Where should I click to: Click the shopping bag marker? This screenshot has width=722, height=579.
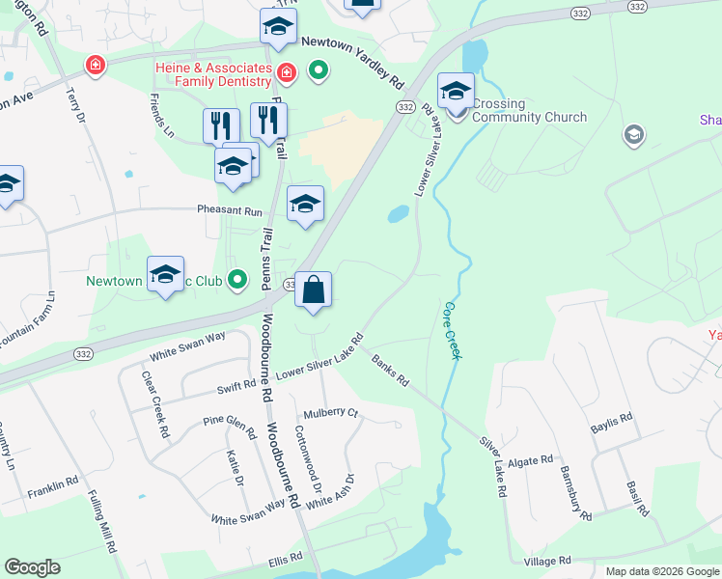[314, 291]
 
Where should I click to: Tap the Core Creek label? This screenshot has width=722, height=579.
[451, 331]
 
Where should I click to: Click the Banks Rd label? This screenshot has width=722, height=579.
[391, 369]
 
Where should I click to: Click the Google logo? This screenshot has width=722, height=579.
[32, 567]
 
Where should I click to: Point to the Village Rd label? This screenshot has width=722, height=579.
[548, 561]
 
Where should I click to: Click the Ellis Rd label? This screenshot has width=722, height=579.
[286, 558]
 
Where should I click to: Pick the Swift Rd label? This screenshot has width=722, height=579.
[236, 387]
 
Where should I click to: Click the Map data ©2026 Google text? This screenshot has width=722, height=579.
[661, 571]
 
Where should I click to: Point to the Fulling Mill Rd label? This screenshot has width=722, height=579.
[100, 522]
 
